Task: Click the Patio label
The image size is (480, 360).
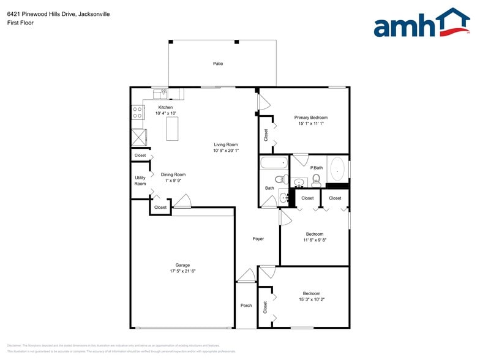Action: pyautogui.click(x=218, y=63)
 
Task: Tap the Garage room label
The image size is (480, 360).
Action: pyautogui.click(x=182, y=265)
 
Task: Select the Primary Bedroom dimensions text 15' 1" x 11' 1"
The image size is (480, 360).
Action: pyautogui.click(x=310, y=123)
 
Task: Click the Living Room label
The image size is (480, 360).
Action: pyautogui.click(x=226, y=144)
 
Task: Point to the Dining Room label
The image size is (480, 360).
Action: pyautogui.click(x=173, y=174)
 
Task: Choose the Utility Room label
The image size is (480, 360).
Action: pyautogui.click(x=140, y=181)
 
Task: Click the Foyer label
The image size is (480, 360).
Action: pyautogui.click(x=258, y=239)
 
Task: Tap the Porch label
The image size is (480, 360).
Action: pyautogui.click(x=246, y=306)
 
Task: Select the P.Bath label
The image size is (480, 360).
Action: pyautogui.click(x=317, y=168)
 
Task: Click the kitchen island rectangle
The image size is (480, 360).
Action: pyautogui.click(x=172, y=128)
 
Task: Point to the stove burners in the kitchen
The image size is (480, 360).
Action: pyautogui.click(x=138, y=112)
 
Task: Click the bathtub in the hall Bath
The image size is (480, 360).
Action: pyautogui.click(x=274, y=163)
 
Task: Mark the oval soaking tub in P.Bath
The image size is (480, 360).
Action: pyautogui.click(x=337, y=169)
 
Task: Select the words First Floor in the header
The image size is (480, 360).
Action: pyautogui.click(x=21, y=23)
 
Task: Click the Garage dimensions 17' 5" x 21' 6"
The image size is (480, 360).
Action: pyautogui.click(x=182, y=271)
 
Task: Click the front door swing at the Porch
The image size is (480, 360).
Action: pyautogui.click(x=246, y=276)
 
